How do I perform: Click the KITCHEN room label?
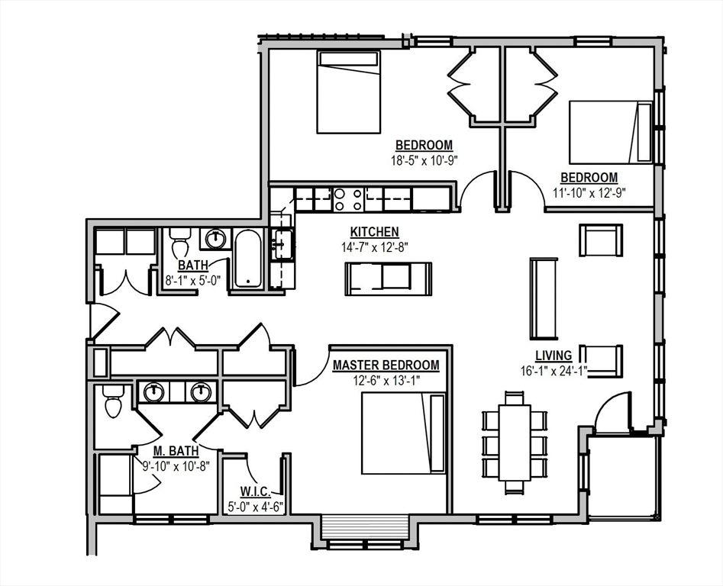coord(374,232)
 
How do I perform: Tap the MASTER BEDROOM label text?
coord(386,365)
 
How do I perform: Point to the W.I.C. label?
coord(253,491)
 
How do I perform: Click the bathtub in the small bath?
coord(247,258)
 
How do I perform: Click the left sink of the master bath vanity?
coord(155,392)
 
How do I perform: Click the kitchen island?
coord(388,279)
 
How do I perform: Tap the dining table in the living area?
coord(515,442)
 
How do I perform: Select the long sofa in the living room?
coord(544,298)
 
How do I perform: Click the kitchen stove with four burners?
coord(348,199)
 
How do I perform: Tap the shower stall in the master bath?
coord(115,484)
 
